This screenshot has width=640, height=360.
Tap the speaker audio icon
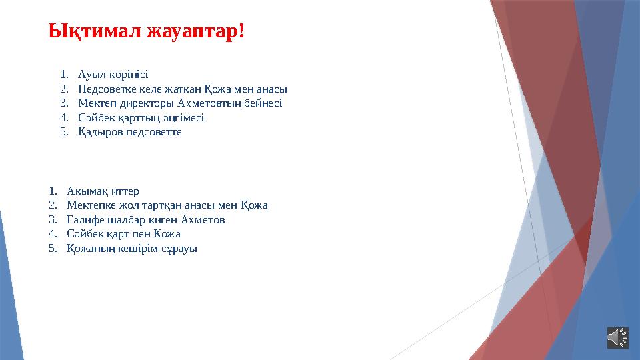[617, 337]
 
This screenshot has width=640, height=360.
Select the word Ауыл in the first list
[90, 74]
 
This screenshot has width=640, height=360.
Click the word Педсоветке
[107, 89]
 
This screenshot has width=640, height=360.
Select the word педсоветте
[154, 132]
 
